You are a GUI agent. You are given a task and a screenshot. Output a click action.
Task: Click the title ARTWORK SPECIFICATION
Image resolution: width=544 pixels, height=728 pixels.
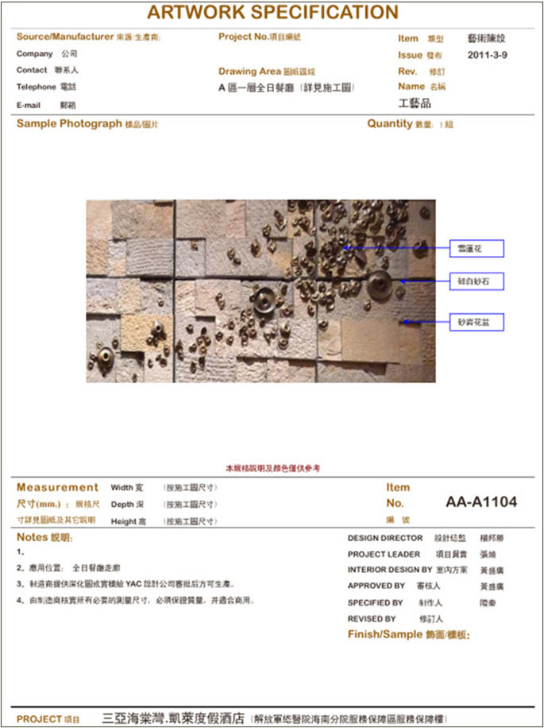pyautogui.click(x=272, y=12)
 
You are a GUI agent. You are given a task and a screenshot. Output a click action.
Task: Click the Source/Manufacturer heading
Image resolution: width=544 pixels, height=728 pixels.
pyautogui.click(x=65, y=37)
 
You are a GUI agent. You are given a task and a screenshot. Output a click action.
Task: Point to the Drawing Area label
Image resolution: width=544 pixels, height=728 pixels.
pyautogui.click(x=249, y=72)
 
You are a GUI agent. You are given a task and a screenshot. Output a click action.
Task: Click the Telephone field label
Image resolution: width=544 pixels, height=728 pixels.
pyautogui.click(x=36, y=86)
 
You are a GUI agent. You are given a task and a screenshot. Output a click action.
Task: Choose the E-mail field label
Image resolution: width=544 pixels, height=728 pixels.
pyautogui.click(x=30, y=105)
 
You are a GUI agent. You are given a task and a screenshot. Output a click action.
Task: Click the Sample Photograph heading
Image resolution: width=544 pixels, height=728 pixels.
pyautogui.click(x=69, y=124)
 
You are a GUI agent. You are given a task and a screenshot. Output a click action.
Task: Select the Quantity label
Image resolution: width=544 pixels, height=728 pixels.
pyautogui.click(x=390, y=124)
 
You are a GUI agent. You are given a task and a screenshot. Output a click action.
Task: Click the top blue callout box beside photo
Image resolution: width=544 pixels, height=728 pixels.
pyautogui.click(x=476, y=249)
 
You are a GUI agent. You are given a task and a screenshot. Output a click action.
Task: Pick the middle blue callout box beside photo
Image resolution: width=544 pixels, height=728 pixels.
pyautogui.click(x=476, y=281)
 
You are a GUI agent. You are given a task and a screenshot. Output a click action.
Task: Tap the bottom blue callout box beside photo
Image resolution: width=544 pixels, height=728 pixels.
pyautogui.click(x=476, y=322)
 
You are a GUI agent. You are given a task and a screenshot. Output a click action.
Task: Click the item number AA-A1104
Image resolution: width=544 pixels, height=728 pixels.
pyautogui.click(x=481, y=502)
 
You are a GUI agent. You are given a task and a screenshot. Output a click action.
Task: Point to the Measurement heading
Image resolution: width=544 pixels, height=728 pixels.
pyautogui.click(x=57, y=488)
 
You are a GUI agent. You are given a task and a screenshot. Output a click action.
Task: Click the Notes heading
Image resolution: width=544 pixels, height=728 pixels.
pyautogui.click(x=33, y=538)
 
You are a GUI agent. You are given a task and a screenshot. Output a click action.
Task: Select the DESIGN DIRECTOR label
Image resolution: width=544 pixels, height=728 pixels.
pyautogui.click(x=384, y=538)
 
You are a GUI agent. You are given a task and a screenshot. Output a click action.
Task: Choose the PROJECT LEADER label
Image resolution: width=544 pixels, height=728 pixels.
pyautogui.click(x=384, y=554)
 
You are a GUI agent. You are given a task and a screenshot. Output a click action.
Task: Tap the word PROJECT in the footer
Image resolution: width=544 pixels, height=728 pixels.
pyautogui.click(x=39, y=718)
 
